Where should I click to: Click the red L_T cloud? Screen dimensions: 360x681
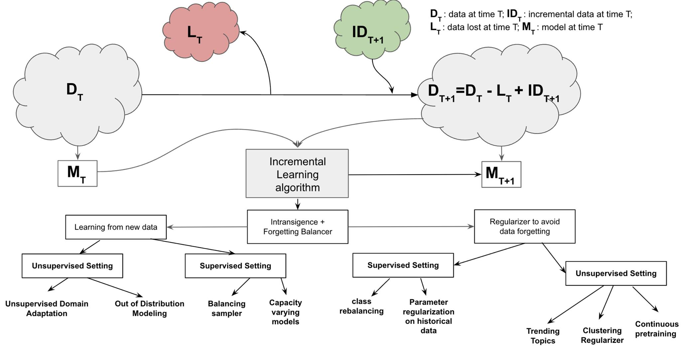pos(201,33)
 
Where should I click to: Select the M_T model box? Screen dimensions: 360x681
pos(77,174)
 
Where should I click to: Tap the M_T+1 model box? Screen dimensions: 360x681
pos(501,175)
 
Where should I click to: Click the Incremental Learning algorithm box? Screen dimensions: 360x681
pos(297,174)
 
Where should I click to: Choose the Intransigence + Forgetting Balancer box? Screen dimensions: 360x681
pos(298,227)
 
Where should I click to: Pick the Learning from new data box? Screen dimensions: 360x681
pos(116,227)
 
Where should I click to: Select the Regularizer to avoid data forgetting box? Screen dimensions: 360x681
pos(524,226)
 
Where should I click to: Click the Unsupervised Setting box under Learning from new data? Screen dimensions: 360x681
pos(72,266)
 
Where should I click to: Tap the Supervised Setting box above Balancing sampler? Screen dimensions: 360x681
pos(235,266)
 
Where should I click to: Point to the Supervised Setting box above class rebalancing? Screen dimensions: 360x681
pos(403,265)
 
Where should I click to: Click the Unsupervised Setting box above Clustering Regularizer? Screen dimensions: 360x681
pos(616,274)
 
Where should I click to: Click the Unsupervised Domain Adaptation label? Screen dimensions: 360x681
pos(47,308)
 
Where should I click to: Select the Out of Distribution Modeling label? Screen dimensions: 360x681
pos(149,308)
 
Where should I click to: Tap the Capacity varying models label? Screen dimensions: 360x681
pos(285,312)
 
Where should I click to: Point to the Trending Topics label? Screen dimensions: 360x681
pos(543,336)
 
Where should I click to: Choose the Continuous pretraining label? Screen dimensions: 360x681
pos(656,329)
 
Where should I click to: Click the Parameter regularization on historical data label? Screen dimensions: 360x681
pos(428,316)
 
